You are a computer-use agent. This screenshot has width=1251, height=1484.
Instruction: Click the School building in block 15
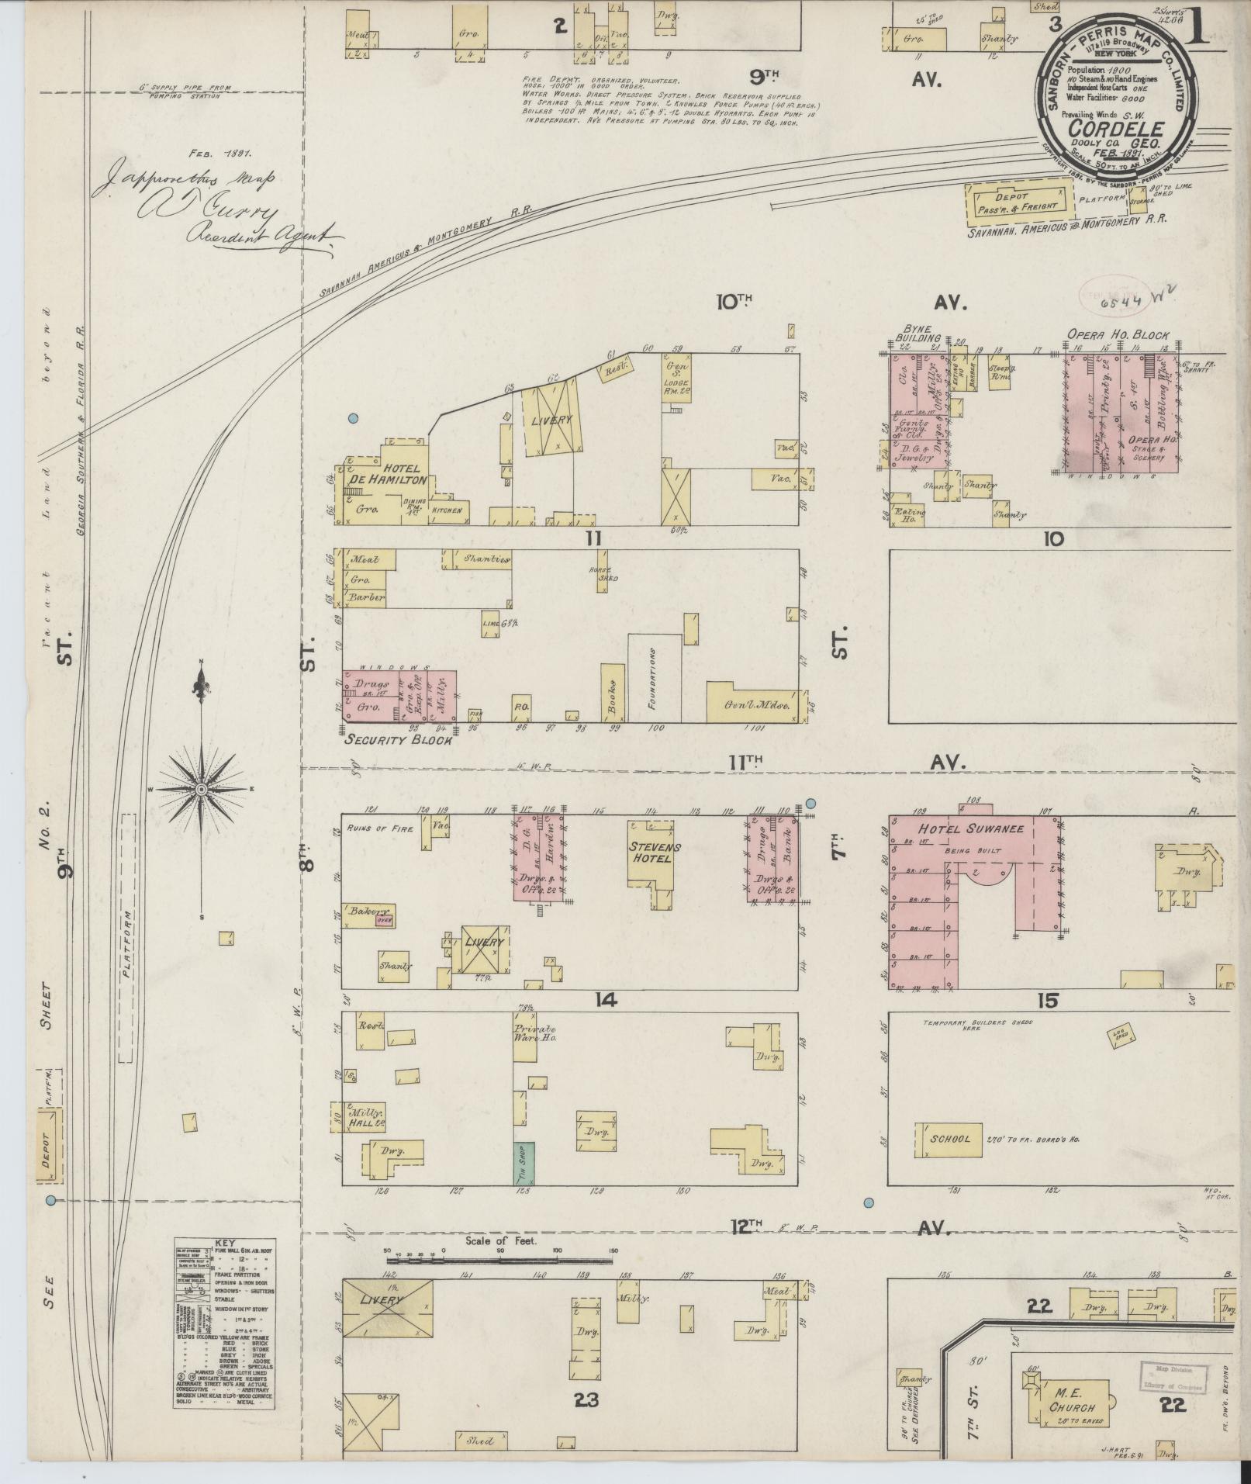coord(952,1139)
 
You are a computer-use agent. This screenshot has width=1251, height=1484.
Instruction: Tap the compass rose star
coord(201,789)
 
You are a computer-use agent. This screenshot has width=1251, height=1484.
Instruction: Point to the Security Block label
coord(398,739)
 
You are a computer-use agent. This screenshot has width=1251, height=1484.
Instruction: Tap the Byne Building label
coord(918,334)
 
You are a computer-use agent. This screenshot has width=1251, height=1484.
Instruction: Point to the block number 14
coord(605,1000)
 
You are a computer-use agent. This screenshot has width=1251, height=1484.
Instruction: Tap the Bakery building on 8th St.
coord(369,912)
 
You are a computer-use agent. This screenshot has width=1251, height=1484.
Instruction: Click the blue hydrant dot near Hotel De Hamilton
coord(353,418)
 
